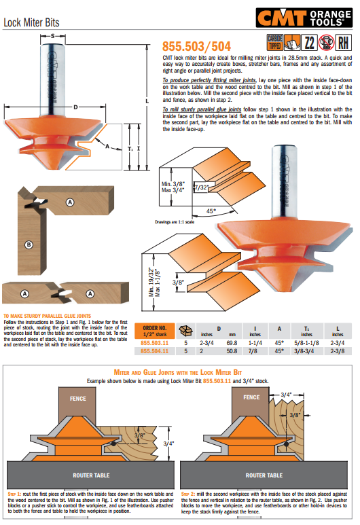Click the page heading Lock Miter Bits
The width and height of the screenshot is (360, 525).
[x=31, y=22]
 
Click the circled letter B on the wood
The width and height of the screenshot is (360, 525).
[x=28, y=245]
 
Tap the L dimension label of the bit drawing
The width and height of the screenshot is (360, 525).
[x=147, y=101]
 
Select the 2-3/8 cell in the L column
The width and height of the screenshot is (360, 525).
[x=336, y=352]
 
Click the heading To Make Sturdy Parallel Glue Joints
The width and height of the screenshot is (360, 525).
[x=48, y=316]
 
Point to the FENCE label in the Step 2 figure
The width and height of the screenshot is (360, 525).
[x=251, y=397]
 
